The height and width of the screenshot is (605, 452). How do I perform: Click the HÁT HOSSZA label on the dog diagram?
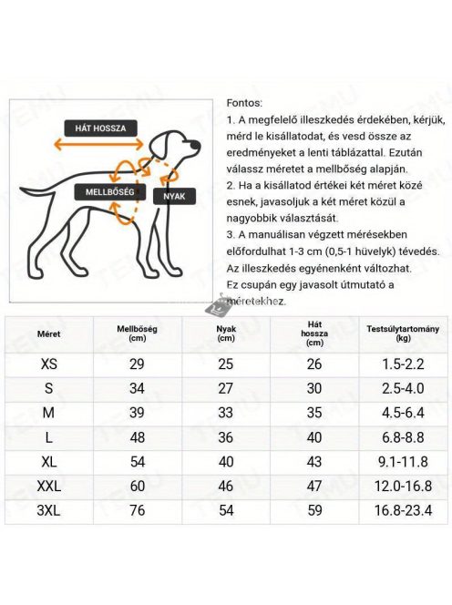100,128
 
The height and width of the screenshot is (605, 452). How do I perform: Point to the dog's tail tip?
23,197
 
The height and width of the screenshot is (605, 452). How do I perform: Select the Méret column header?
48,333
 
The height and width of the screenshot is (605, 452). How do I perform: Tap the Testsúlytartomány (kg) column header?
403,333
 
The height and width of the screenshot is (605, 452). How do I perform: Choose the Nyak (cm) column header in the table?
226,333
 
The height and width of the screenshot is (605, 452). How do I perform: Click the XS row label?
48,364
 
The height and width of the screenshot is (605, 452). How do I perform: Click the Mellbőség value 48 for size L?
138,436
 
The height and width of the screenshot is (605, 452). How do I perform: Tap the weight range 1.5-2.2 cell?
402,364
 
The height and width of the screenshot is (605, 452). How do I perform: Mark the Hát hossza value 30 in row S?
314,388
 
